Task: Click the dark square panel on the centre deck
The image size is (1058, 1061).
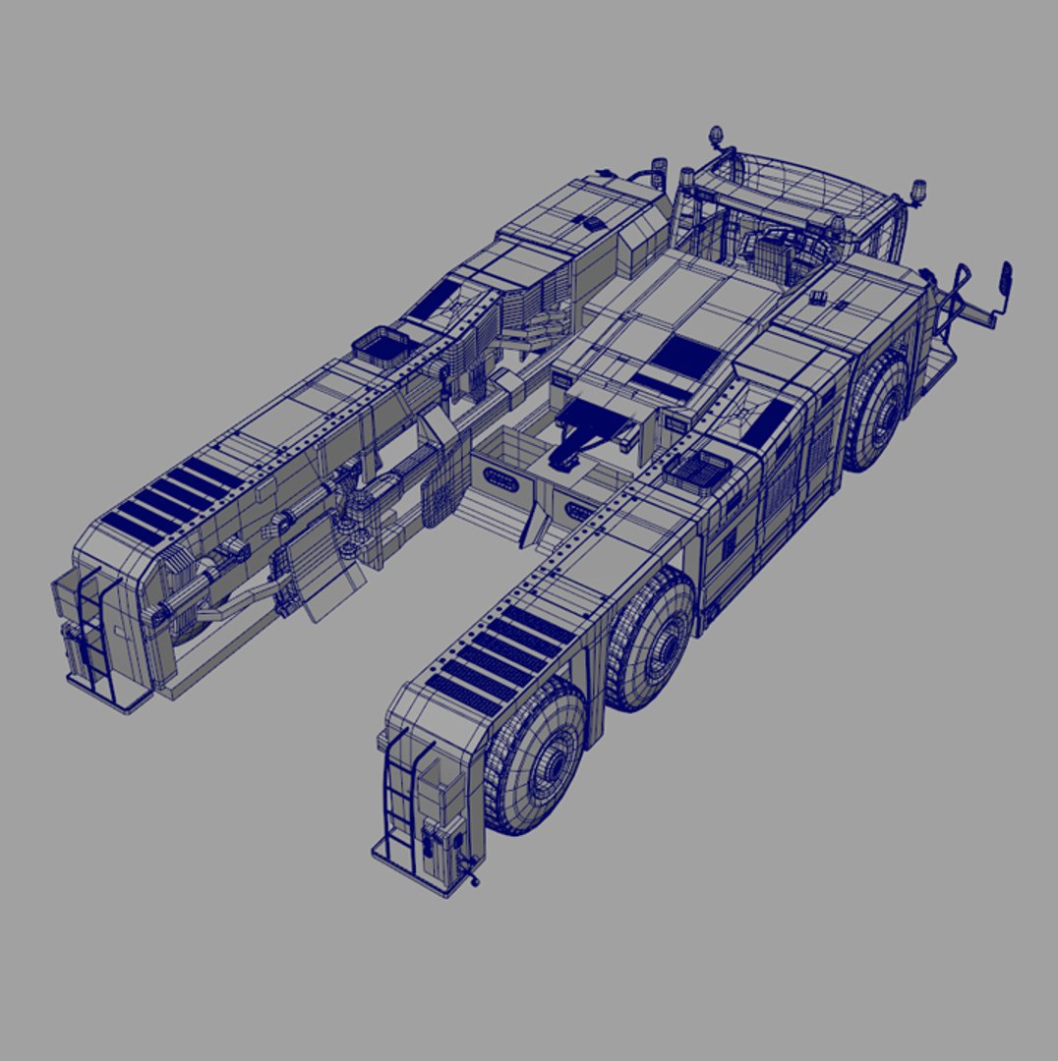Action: click(x=685, y=356)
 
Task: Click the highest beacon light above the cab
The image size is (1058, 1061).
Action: click(x=715, y=135)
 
